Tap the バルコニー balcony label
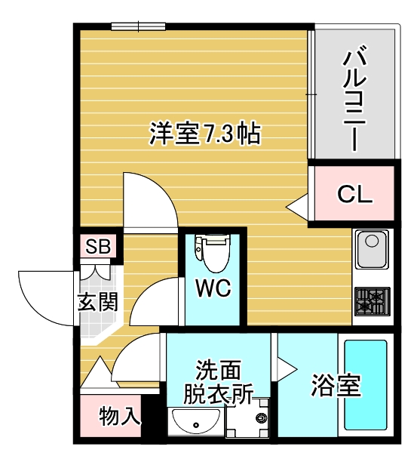click(x=354, y=99)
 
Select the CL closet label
click(x=354, y=194)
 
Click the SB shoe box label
click(x=98, y=247)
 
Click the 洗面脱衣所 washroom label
click(x=219, y=382)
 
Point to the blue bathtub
click(x=366, y=383)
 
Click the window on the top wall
click(x=139, y=26)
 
